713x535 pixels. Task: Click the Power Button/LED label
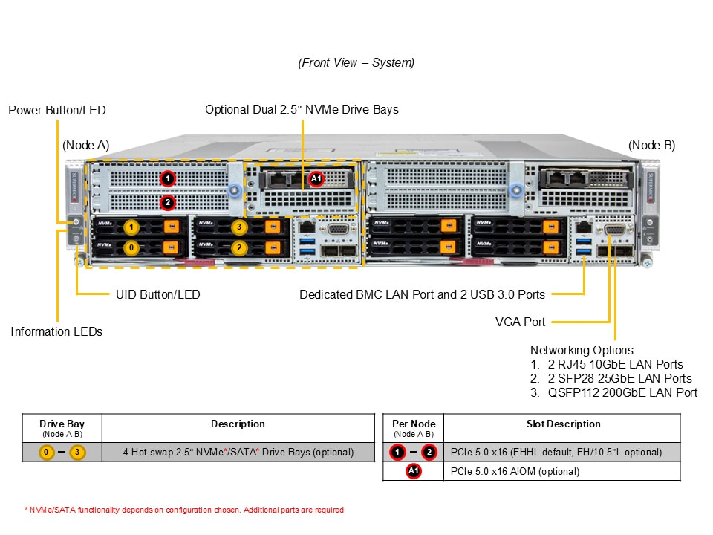coord(57,110)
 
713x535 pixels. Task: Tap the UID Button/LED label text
coord(158,294)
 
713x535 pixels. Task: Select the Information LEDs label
coord(56,331)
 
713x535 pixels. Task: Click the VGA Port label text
coord(521,322)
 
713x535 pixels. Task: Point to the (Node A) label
coord(86,145)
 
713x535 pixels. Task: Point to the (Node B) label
coord(651,145)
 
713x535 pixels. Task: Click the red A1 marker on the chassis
coord(316,178)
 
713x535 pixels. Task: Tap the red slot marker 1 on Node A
coord(168,178)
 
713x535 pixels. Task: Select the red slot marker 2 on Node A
coord(168,201)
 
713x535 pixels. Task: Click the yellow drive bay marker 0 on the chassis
coord(131,247)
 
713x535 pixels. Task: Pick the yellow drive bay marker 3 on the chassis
coord(239,227)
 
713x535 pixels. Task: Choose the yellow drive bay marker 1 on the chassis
coord(131,227)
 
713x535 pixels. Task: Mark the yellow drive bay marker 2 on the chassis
coord(239,247)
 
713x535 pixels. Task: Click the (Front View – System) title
coord(356,63)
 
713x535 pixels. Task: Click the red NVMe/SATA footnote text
coord(183,510)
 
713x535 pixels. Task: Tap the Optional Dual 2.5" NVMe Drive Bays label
coord(302,110)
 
